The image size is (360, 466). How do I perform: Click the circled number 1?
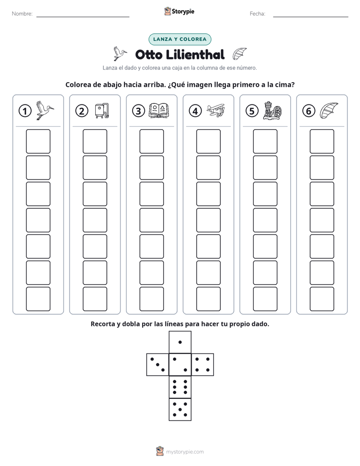(25, 111)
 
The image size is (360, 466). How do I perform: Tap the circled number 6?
(309, 111)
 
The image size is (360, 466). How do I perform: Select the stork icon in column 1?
(45, 110)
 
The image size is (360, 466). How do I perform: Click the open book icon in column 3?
(159, 111)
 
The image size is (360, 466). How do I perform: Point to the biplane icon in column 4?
(216, 111)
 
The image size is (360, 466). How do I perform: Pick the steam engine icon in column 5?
(272, 110)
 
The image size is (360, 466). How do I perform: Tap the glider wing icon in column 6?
(329, 110)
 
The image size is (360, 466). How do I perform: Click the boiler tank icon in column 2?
(102, 110)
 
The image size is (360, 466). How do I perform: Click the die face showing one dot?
(180, 342)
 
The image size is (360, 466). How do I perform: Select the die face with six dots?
(180, 387)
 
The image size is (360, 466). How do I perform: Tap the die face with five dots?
(180, 409)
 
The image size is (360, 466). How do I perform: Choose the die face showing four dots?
(203, 365)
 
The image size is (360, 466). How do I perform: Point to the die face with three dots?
(158, 365)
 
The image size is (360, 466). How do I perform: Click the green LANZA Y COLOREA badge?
(179, 39)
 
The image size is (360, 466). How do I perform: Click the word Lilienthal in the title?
(195, 54)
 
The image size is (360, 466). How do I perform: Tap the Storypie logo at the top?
(179, 11)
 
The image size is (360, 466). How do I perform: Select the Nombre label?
(22, 14)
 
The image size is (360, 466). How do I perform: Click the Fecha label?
(258, 14)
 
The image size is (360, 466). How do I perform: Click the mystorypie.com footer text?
(185, 452)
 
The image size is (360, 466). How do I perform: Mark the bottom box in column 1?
(38, 299)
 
